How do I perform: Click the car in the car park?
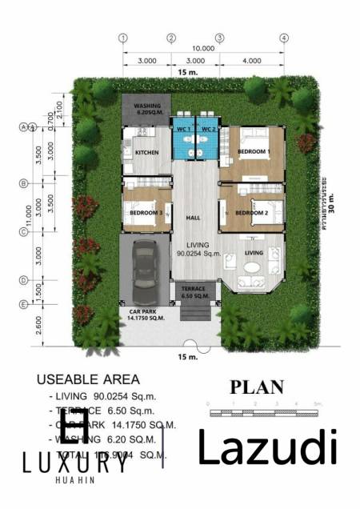click(145, 268)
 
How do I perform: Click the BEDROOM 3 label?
click(146, 213)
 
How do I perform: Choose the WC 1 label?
click(182, 129)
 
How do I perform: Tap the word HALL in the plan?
click(192, 218)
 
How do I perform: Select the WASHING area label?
click(148, 106)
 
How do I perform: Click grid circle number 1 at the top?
click(123, 38)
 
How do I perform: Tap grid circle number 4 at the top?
click(283, 38)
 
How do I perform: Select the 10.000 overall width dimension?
click(203, 49)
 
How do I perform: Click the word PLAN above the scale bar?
click(257, 387)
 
